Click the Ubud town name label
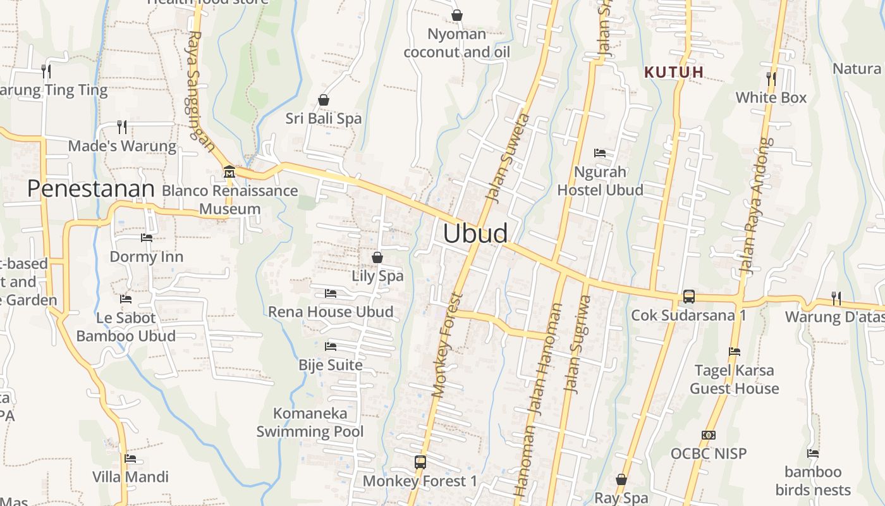coord(475,233)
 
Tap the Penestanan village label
coord(91,188)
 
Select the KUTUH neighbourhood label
coord(674,72)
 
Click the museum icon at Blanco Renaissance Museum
coord(229,171)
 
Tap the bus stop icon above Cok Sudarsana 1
coord(688,296)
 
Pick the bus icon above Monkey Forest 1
coord(420,462)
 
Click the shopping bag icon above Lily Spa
coord(377,257)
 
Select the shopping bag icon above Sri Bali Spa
coord(323,100)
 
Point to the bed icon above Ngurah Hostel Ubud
coord(599,153)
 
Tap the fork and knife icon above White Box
coord(771,78)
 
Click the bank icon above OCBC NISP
coord(708,435)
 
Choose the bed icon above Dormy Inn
coord(146,238)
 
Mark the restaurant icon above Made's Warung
coord(122,127)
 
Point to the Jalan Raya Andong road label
coord(756,206)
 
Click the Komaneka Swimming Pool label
coord(310,423)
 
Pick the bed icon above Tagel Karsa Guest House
coord(734,352)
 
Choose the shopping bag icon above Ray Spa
coord(621,479)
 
